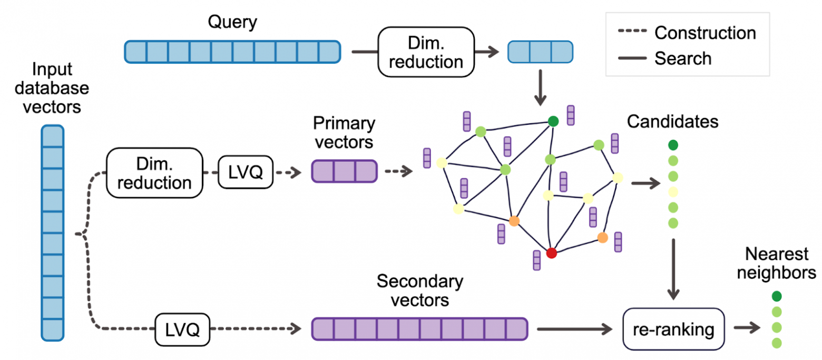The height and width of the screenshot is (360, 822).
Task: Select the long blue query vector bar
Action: pyautogui.click(x=232, y=52)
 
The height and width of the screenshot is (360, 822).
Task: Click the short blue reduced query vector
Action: pyautogui.click(x=540, y=52)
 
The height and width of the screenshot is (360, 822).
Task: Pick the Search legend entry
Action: pyautogui.click(x=666, y=59)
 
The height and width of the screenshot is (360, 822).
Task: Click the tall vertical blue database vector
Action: pyautogui.click(x=52, y=232)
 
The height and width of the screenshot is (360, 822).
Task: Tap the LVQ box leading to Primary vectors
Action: pyautogui.click(x=246, y=172)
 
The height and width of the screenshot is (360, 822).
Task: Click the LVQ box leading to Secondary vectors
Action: pyautogui.click(x=182, y=330)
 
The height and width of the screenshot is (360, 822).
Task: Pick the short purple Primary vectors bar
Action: pyautogui.click(x=345, y=172)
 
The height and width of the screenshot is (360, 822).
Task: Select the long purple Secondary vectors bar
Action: pyautogui.click(x=419, y=329)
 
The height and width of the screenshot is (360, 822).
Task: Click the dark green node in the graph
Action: pyautogui.click(x=553, y=121)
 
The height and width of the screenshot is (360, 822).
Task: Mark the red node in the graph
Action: pyautogui.click(x=551, y=254)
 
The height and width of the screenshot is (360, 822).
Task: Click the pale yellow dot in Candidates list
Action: pyautogui.click(x=673, y=191)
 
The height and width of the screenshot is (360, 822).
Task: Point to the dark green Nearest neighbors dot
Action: pyautogui.click(x=776, y=296)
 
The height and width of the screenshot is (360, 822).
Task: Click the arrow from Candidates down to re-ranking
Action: pyautogui.click(x=673, y=269)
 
